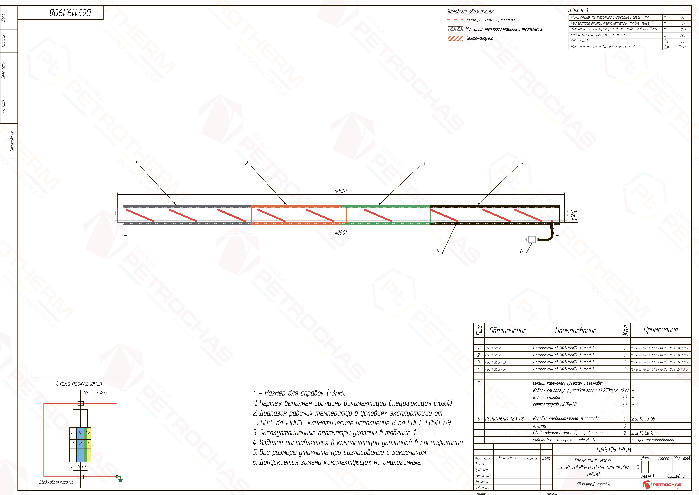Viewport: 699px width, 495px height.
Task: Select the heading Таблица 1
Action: [578, 10]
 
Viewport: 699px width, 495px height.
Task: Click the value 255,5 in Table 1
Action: [682, 47]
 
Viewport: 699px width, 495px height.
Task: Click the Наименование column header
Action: [575, 330]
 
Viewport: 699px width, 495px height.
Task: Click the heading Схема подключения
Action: [79, 383]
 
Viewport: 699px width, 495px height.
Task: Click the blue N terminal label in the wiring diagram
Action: [80, 432]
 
